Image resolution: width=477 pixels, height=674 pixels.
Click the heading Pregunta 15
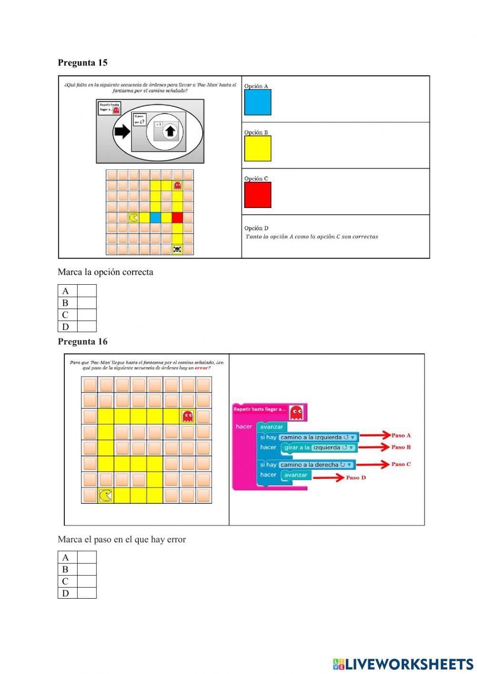83,62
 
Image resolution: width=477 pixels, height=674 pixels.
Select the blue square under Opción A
258,102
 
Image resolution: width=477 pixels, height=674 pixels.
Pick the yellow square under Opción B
258,148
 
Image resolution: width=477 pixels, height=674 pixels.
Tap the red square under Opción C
258,195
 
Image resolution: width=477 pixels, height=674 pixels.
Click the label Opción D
256,228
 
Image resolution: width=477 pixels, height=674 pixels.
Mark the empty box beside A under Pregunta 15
87,291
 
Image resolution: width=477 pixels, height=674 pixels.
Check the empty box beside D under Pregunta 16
87,593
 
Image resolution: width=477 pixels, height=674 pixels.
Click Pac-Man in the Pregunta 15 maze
134,218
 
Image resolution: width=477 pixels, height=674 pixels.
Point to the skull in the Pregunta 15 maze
177,249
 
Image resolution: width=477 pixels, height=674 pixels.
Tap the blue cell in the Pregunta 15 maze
156,218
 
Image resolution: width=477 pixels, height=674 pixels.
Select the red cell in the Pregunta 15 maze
177,218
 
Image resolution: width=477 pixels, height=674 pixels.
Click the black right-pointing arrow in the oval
122,131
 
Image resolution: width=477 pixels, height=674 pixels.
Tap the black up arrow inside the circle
171,132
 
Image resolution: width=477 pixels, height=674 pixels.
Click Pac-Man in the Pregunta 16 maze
105,496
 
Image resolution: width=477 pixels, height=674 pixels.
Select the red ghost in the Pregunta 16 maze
188,416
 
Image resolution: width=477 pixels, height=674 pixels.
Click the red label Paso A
401,435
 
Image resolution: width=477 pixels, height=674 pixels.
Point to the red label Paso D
356,477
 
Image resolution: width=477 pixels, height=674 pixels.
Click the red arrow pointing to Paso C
373,464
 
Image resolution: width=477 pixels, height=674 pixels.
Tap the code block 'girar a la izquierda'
319,447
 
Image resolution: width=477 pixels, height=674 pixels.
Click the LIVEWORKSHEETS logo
403,664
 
